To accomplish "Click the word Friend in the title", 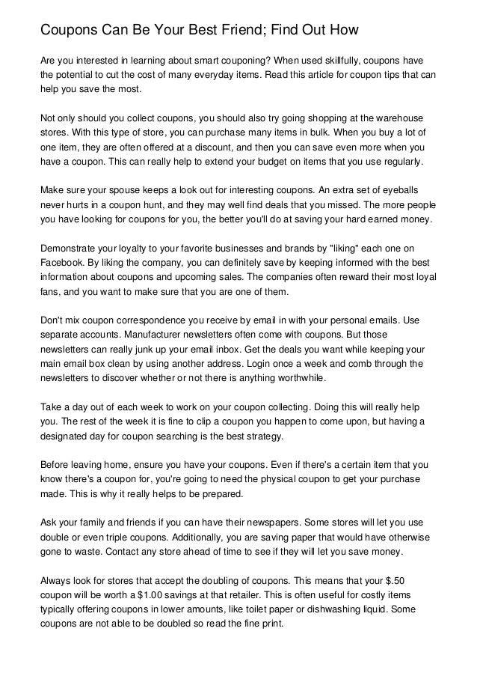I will (238, 31).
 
